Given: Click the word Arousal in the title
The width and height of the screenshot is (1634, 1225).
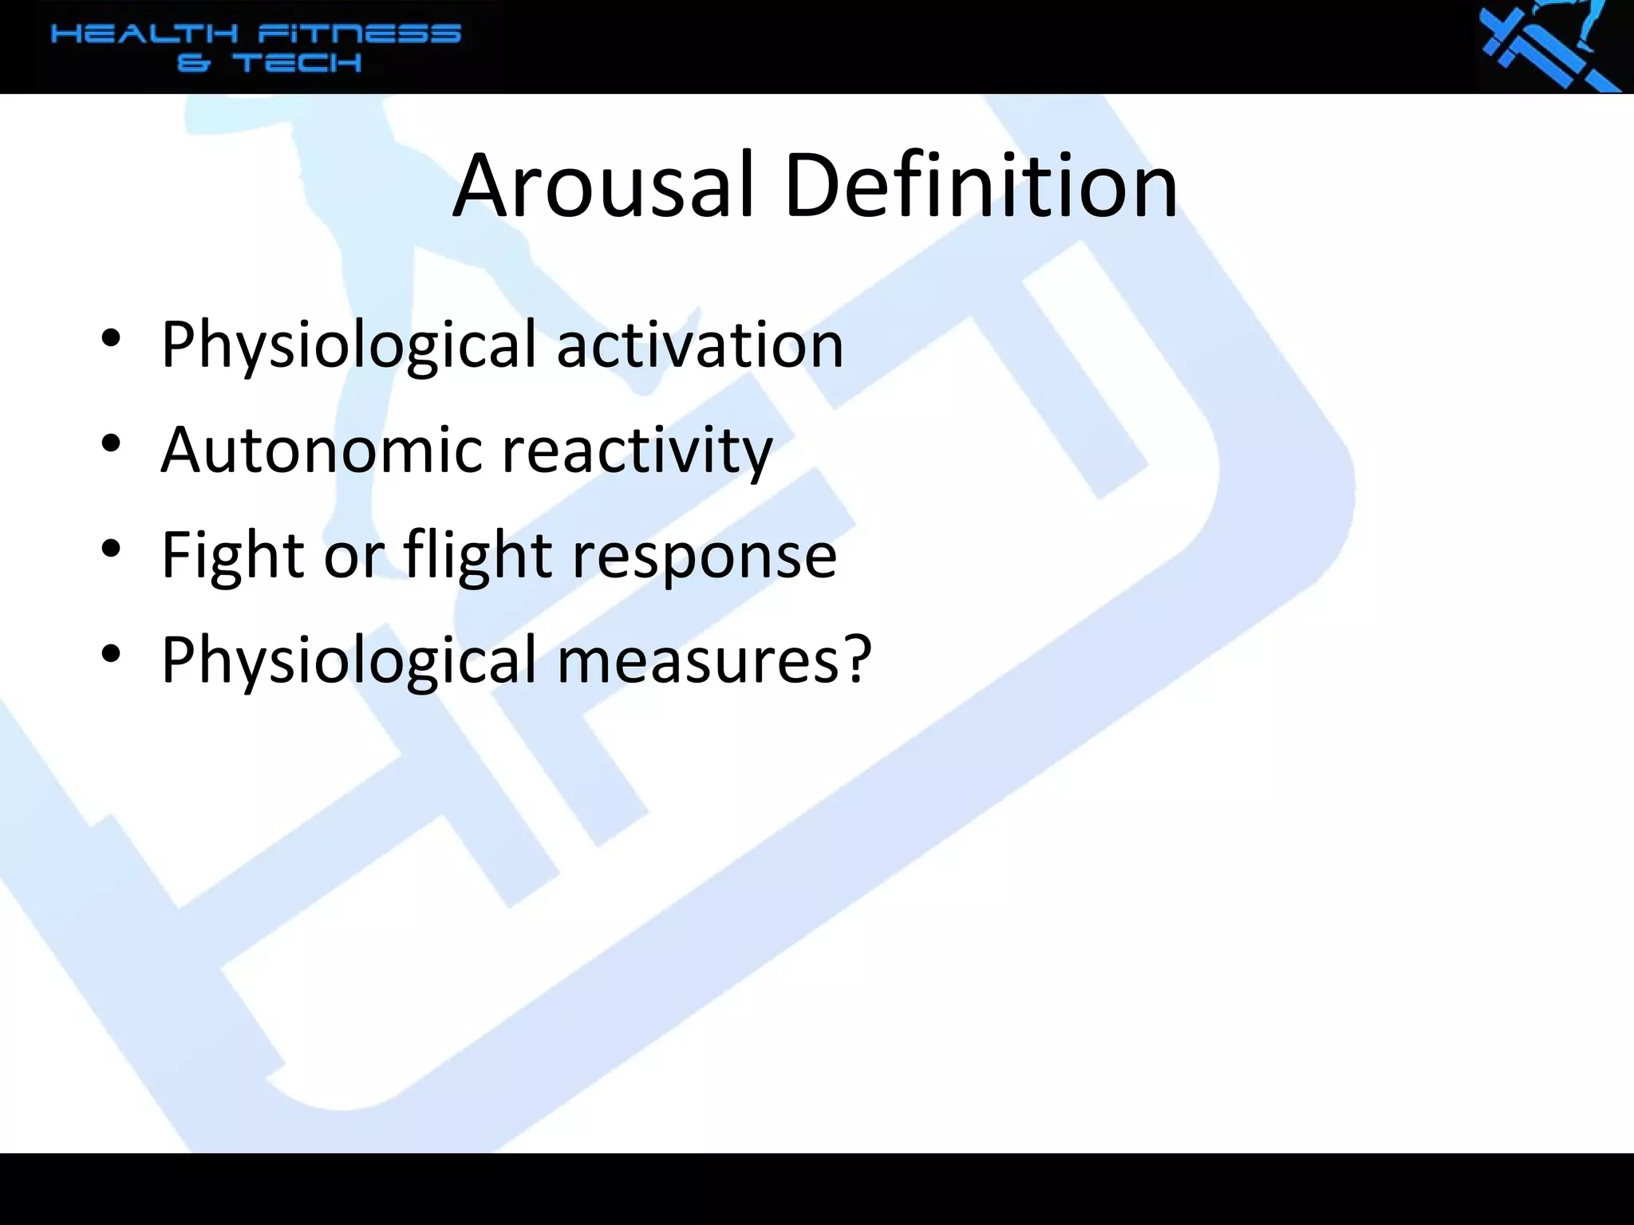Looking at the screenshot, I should pos(603,187).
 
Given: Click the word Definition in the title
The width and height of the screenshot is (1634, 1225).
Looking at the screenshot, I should pos(981,187).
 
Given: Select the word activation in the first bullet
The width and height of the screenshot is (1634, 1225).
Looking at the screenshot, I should pos(700,345).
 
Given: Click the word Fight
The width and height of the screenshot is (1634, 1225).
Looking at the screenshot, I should pos(232,556).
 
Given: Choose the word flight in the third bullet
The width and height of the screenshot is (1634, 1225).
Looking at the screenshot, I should pos(477,556).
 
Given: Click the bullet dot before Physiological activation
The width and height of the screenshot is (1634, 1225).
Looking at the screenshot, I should pos(111,339).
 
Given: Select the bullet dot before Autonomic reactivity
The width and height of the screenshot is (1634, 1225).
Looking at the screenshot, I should pos(111,443).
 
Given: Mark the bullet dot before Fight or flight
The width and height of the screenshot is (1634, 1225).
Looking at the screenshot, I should pos(111,549).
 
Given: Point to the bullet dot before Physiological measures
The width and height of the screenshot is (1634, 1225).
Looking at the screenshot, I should pos(111,653).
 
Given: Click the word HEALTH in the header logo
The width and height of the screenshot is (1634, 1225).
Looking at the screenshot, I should pos(144,34).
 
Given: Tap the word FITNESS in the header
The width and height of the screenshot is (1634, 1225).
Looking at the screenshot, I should pos(359,34).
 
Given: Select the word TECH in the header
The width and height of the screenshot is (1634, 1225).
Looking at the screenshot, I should pos(297,63).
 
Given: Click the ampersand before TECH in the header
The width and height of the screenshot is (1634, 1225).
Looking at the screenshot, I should pos(193,63).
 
